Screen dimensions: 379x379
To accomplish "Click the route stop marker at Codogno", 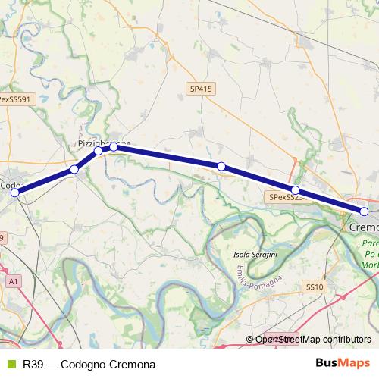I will tap(14, 193).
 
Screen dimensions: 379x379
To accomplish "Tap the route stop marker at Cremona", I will tap(364, 211).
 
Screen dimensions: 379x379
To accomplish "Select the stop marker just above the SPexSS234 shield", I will tap(296, 190).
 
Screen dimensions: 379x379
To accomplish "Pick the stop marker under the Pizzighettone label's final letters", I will tap(114, 146).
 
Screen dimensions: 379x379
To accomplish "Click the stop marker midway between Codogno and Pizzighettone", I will tap(74, 169).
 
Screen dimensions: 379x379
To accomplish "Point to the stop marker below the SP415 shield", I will tap(221, 166).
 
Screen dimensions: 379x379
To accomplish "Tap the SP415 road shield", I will tap(200, 89).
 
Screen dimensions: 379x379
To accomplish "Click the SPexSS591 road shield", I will tap(15, 99).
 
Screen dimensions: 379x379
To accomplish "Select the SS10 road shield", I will tap(315, 266).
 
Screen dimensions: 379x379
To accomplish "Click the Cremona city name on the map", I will tap(364, 227).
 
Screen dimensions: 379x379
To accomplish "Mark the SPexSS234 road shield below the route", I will tap(287, 197).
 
